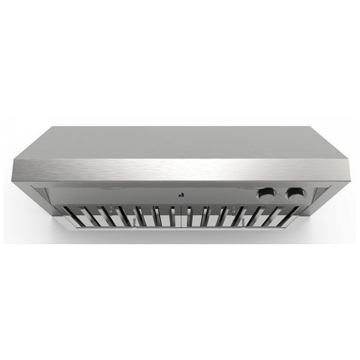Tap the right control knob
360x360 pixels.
click(x=292, y=194)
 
